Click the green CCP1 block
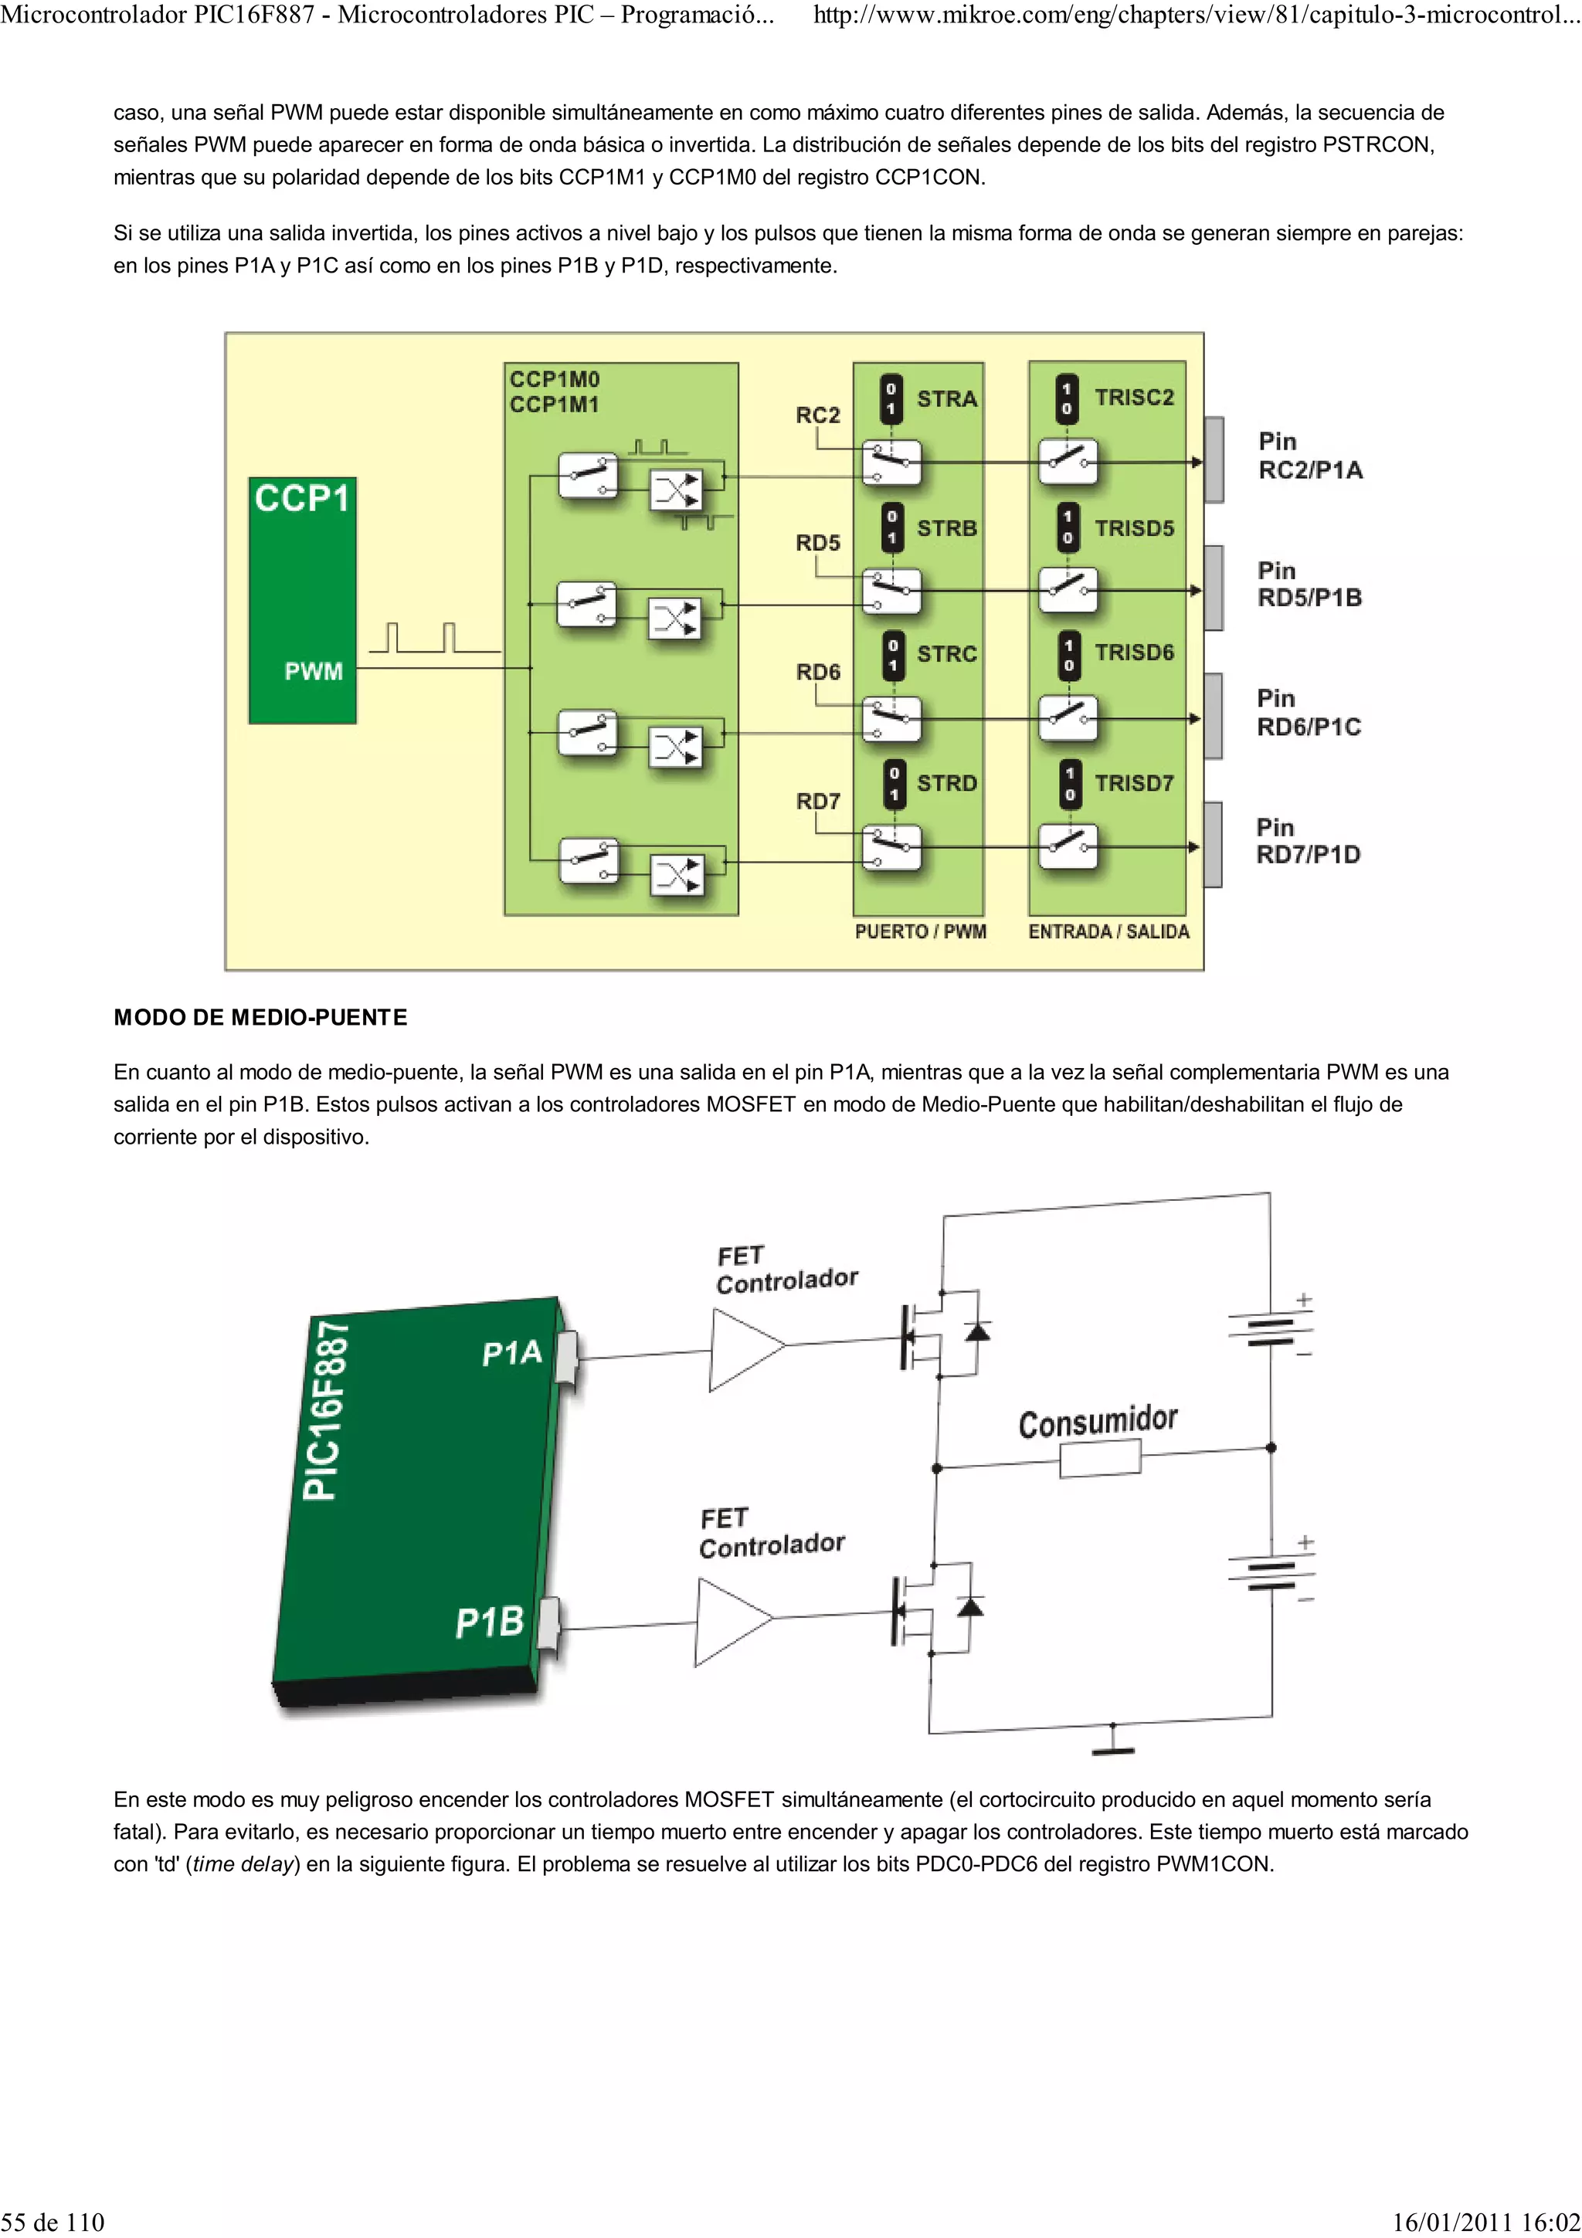point(302,599)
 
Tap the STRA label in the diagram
point(946,398)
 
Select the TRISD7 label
point(1134,783)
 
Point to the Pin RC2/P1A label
point(1309,456)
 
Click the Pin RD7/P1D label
point(1307,841)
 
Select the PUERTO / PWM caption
point(920,932)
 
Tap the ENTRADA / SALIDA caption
point(1108,932)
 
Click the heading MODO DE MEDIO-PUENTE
point(260,1018)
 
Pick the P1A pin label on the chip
point(511,1353)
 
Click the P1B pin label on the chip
point(489,1622)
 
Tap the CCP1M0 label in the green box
point(554,379)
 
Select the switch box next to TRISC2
point(1068,461)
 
